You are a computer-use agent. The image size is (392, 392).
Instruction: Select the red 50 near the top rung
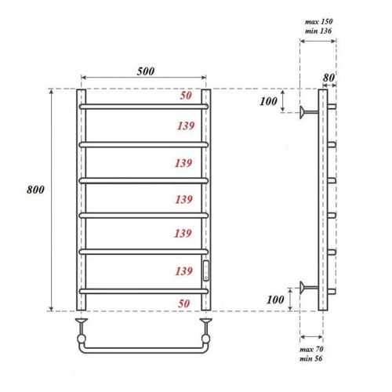(x=186, y=96)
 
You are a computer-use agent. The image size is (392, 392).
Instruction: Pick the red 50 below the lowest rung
(x=186, y=302)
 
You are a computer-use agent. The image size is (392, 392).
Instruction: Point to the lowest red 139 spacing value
(x=184, y=270)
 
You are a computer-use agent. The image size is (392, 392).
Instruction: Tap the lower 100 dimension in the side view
(x=275, y=299)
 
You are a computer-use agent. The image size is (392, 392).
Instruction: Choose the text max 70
(x=311, y=347)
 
